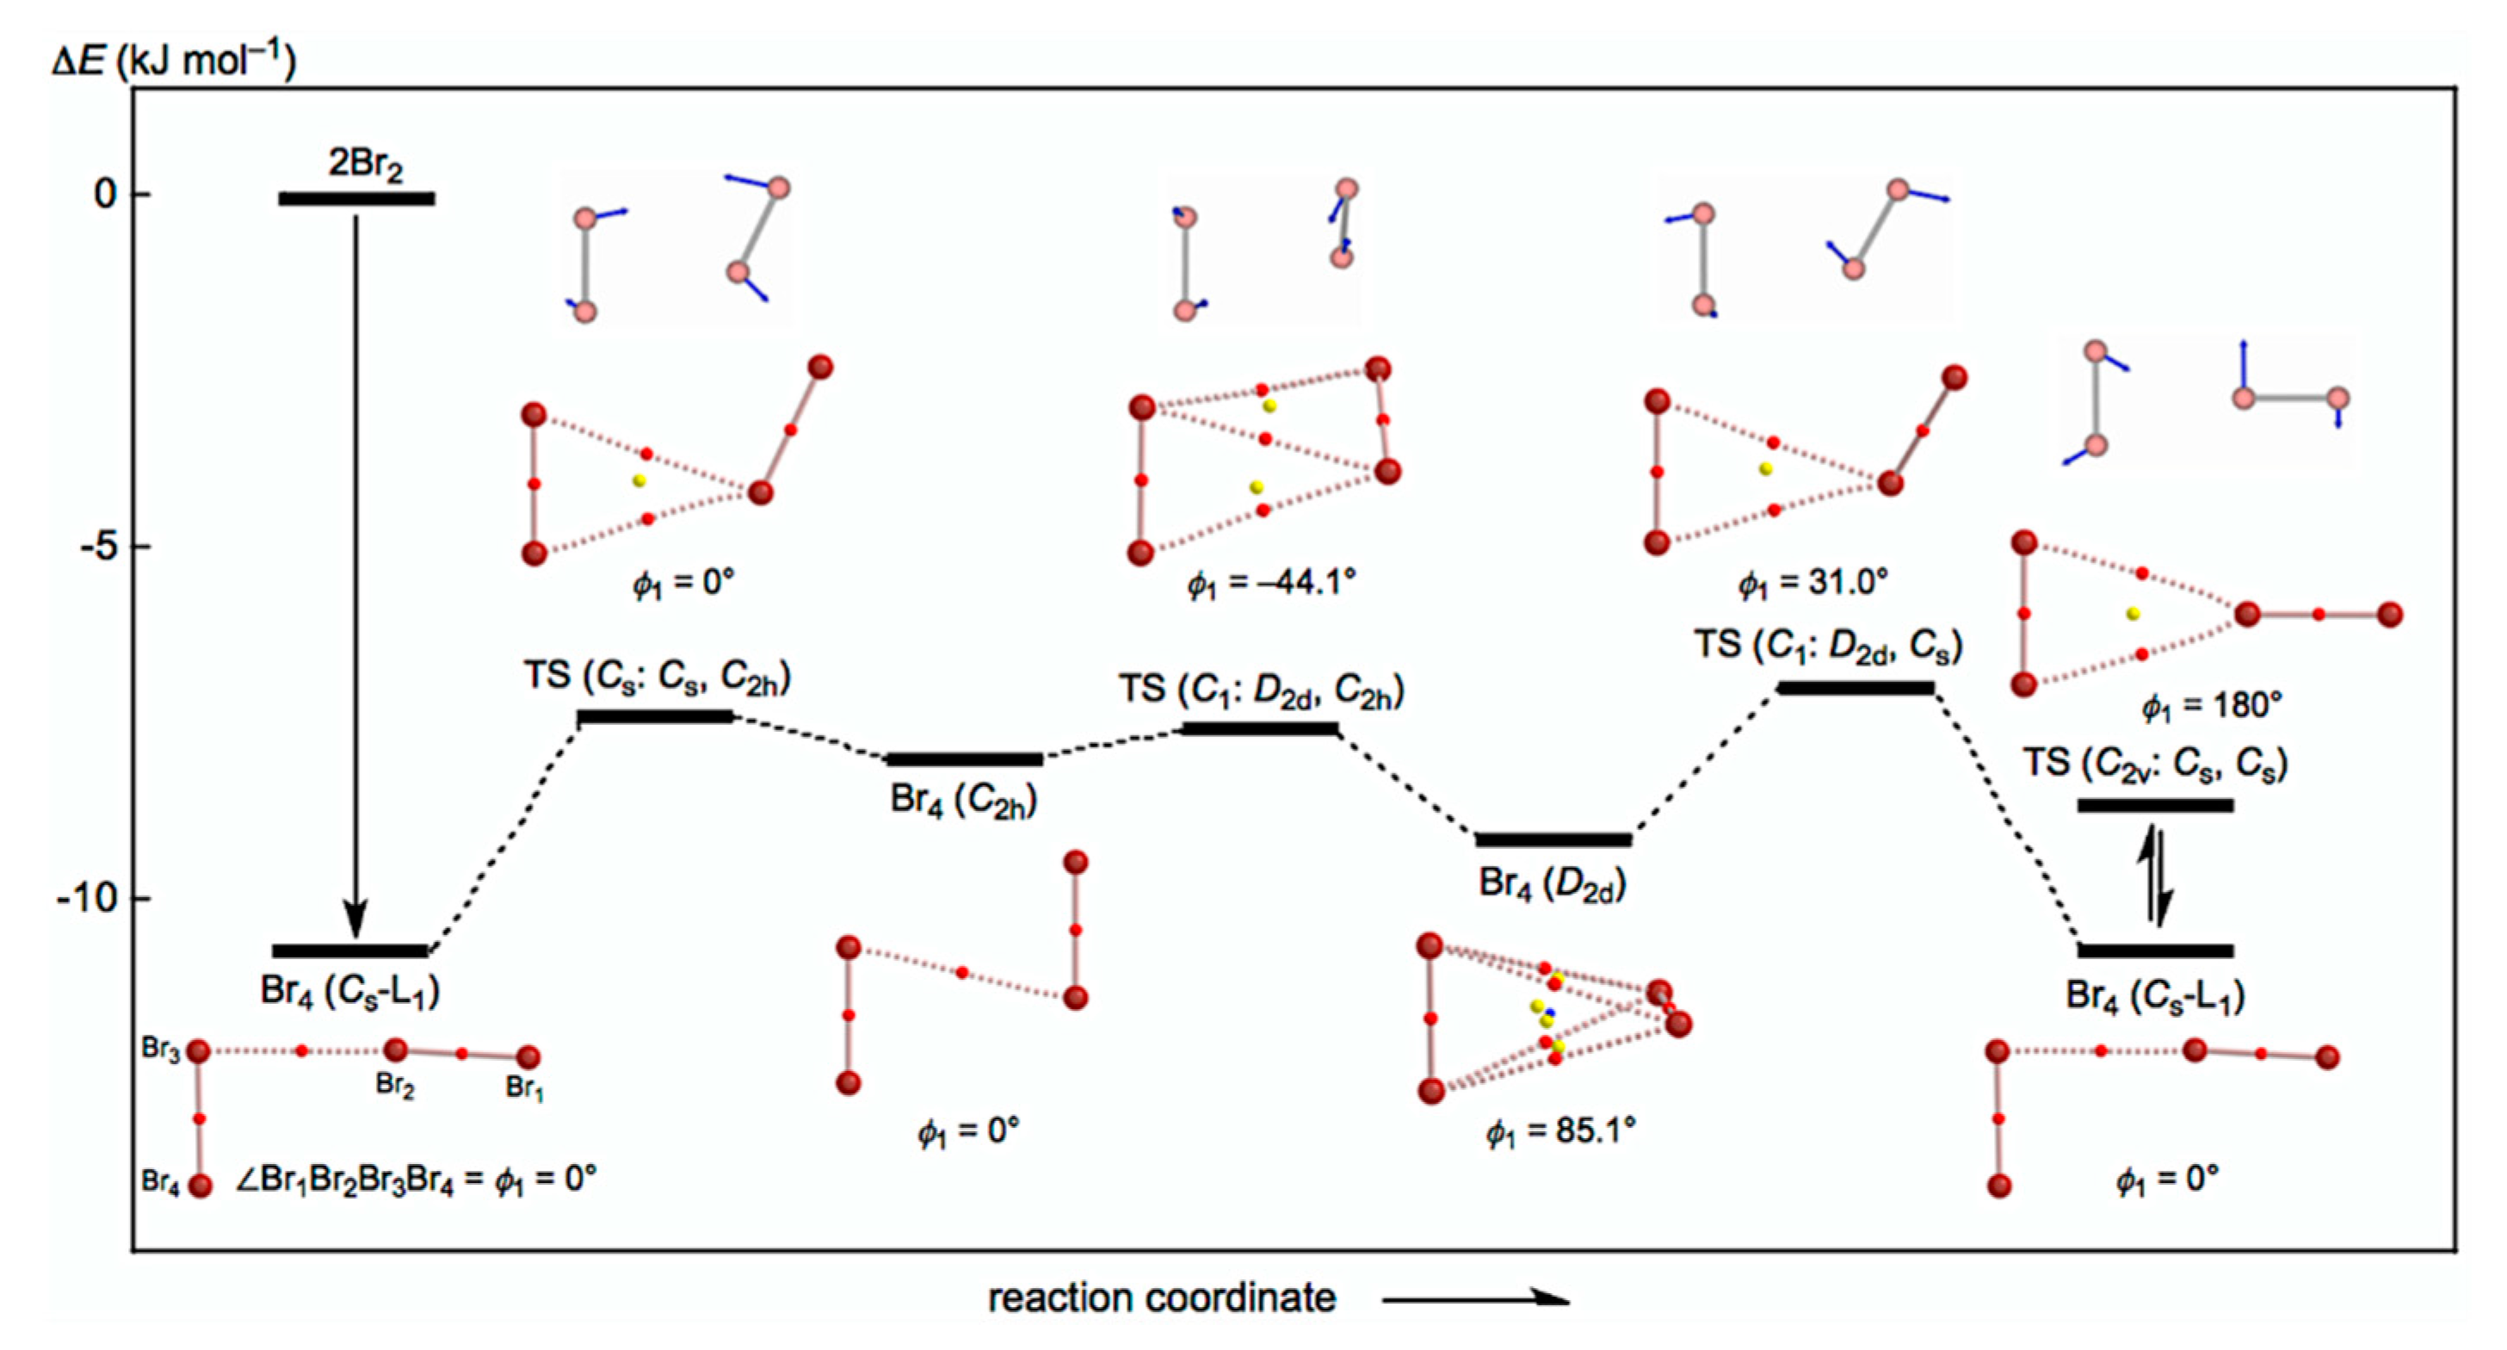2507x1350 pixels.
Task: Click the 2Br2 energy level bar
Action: (x=356, y=199)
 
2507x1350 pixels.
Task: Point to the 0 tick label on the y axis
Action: (x=105, y=195)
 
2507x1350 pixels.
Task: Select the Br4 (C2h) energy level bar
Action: (x=964, y=759)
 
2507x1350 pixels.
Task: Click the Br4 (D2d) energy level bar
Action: (x=1553, y=839)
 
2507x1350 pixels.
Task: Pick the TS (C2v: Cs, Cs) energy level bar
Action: (x=2155, y=805)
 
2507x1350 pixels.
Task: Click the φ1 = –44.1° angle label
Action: (x=1270, y=583)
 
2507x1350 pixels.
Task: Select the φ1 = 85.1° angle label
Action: (x=1560, y=1131)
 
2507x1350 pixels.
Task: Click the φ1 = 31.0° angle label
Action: (x=1813, y=583)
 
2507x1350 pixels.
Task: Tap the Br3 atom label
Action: (x=161, y=1050)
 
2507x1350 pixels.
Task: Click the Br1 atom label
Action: (x=526, y=1088)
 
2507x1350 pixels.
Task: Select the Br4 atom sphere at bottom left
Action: (x=201, y=1186)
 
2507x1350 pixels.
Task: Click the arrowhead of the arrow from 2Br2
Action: (x=356, y=920)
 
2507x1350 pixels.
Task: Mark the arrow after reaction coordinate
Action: (x=1475, y=1297)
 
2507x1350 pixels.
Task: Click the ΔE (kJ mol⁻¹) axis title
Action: (x=173, y=60)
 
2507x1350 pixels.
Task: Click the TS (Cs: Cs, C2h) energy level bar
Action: (x=655, y=716)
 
